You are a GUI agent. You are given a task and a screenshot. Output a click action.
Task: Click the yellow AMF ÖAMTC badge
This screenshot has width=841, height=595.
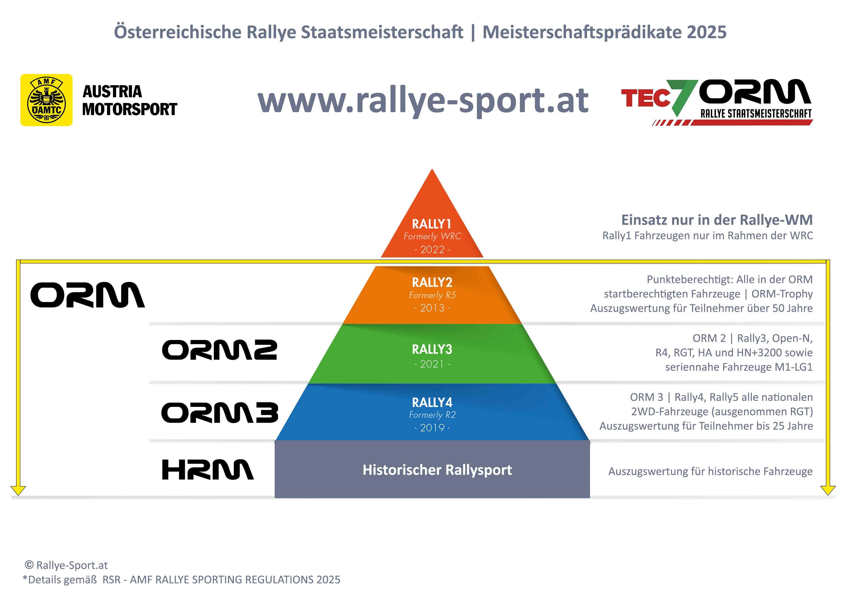click(47, 100)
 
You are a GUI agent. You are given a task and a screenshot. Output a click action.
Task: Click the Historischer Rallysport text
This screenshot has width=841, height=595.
click(437, 470)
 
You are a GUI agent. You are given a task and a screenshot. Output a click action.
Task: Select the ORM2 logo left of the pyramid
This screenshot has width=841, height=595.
click(219, 350)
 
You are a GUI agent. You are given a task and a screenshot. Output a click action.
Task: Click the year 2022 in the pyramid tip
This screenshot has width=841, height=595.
click(432, 250)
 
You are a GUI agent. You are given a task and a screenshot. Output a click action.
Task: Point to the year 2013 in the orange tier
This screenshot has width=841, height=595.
click(432, 308)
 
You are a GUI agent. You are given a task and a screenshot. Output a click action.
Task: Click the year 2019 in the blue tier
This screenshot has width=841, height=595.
click(432, 428)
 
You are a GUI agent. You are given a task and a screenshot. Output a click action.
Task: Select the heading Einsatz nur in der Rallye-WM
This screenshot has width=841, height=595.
click(717, 220)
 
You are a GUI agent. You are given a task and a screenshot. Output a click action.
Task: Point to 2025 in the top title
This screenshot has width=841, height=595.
click(707, 32)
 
